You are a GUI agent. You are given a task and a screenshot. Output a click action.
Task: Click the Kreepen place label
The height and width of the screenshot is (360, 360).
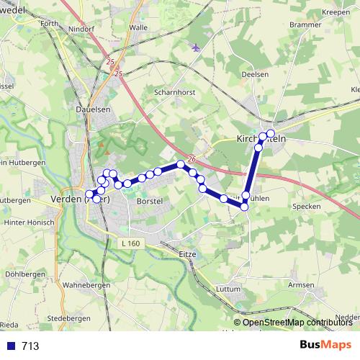click(335, 12)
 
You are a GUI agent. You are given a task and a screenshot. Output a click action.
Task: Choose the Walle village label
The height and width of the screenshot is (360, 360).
click(138, 27)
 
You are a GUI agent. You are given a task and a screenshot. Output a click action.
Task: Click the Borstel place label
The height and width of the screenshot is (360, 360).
click(149, 202)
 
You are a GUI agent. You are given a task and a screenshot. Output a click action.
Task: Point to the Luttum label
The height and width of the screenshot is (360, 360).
click(228, 289)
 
